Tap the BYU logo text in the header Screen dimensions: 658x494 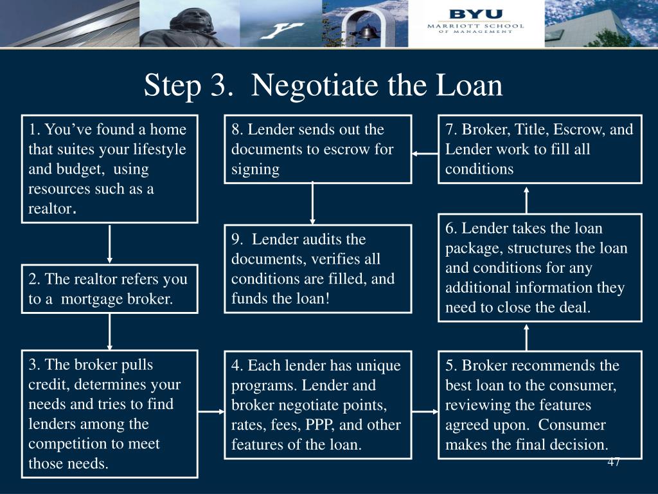[x=476, y=14]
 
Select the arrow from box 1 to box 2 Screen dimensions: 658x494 [x=109, y=244]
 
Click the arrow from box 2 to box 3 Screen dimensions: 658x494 [x=109, y=332]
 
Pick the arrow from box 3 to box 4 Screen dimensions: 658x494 [x=211, y=412]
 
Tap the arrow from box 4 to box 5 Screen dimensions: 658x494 [x=425, y=412]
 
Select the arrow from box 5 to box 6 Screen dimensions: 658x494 [x=526, y=337]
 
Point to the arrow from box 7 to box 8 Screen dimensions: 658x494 [x=425, y=154]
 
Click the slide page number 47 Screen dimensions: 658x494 [x=614, y=462]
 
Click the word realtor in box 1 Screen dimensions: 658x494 [x=50, y=209]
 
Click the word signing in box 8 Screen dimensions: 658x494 [x=255, y=170]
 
